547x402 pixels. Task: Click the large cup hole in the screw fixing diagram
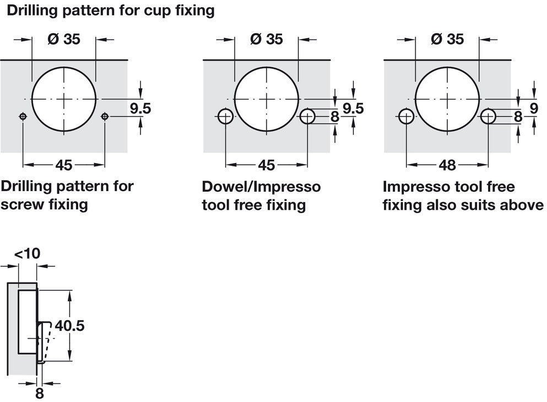click(64, 99)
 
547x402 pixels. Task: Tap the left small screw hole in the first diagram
click(23, 116)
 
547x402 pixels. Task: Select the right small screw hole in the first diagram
click(105, 116)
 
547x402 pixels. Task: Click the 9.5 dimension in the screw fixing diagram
click(140, 108)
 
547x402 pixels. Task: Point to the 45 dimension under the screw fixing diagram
click(63, 165)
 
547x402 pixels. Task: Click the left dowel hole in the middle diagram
click(225, 116)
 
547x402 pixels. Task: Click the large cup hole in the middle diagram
click(267, 99)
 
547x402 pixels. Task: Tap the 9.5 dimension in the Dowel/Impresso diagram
click(353, 108)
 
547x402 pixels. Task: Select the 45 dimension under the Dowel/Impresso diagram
click(266, 165)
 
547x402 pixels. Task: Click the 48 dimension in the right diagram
click(447, 165)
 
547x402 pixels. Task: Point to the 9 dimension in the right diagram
click(533, 108)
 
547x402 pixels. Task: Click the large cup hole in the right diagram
click(447, 99)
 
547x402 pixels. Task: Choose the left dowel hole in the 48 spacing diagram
click(406, 116)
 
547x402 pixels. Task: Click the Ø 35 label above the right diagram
click(447, 39)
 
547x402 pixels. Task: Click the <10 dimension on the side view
click(27, 254)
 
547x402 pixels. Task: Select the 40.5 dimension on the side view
click(69, 326)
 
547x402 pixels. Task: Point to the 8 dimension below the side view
click(39, 393)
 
